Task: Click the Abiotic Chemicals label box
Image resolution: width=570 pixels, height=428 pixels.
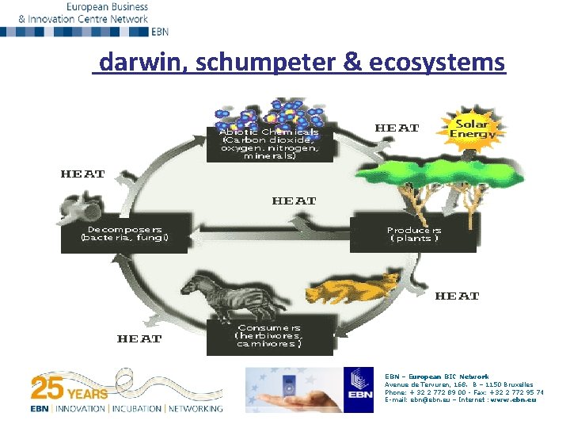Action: pyautogui.click(x=269, y=143)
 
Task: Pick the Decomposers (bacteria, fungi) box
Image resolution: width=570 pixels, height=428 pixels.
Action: pyautogui.click(x=125, y=234)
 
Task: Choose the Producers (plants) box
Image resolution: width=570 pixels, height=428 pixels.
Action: pyautogui.click(x=413, y=234)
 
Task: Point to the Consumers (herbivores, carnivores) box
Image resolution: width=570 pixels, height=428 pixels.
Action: pyautogui.click(x=268, y=336)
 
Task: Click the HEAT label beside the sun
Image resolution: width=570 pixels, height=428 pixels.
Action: pyautogui.click(x=397, y=128)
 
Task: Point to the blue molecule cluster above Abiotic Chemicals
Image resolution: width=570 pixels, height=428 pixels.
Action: pyautogui.click(x=273, y=113)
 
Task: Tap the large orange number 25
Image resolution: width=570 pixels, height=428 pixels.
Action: pyautogui.click(x=47, y=389)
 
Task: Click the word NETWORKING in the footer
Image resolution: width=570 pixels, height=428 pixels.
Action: pyautogui.click(x=196, y=409)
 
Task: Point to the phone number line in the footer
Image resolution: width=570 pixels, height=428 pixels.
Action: pyautogui.click(x=463, y=392)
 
